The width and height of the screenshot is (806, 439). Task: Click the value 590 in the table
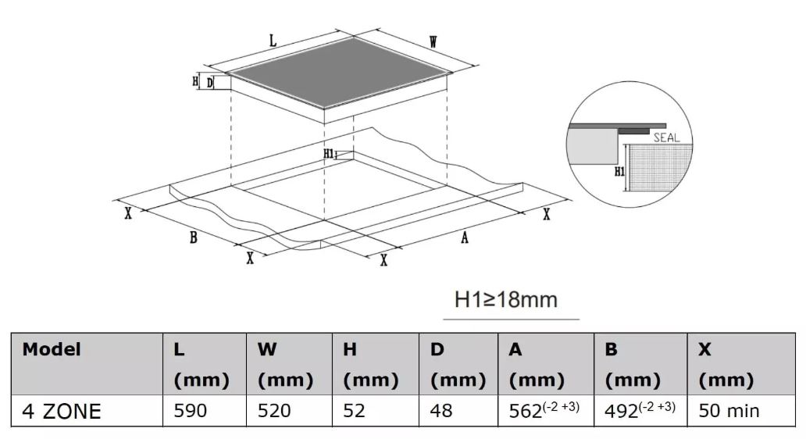(x=191, y=411)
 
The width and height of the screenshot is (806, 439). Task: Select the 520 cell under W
(x=274, y=411)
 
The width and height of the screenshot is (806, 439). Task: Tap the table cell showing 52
(x=354, y=411)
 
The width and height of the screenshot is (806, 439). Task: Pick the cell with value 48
(x=441, y=411)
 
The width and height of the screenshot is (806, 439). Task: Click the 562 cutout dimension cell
(x=544, y=409)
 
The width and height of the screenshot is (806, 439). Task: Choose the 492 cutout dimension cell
(x=640, y=409)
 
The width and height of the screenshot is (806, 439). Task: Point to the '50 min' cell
(x=729, y=411)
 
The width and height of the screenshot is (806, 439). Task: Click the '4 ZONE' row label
(x=61, y=411)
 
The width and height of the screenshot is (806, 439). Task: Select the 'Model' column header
(x=52, y=349)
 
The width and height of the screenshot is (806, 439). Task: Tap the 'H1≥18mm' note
(x=506, y=299)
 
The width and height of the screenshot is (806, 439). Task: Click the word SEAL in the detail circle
(x=667, y=137)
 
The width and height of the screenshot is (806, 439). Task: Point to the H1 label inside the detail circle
(x=619, y=171)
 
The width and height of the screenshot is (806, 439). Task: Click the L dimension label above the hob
(x=273, y=41)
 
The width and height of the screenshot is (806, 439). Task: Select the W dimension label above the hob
(x=433, y=42)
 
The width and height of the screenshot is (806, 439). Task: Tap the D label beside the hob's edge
(x=210, y=83)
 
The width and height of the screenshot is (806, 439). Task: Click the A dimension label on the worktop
(x=465, y=237)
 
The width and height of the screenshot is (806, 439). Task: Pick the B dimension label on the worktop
(x=193, y=237)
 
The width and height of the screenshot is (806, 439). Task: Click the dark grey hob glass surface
(x=339, y=73)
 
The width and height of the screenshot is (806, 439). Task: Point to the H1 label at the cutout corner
(x=329, y=153)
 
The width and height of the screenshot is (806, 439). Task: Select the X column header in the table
(x=704, y=349)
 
